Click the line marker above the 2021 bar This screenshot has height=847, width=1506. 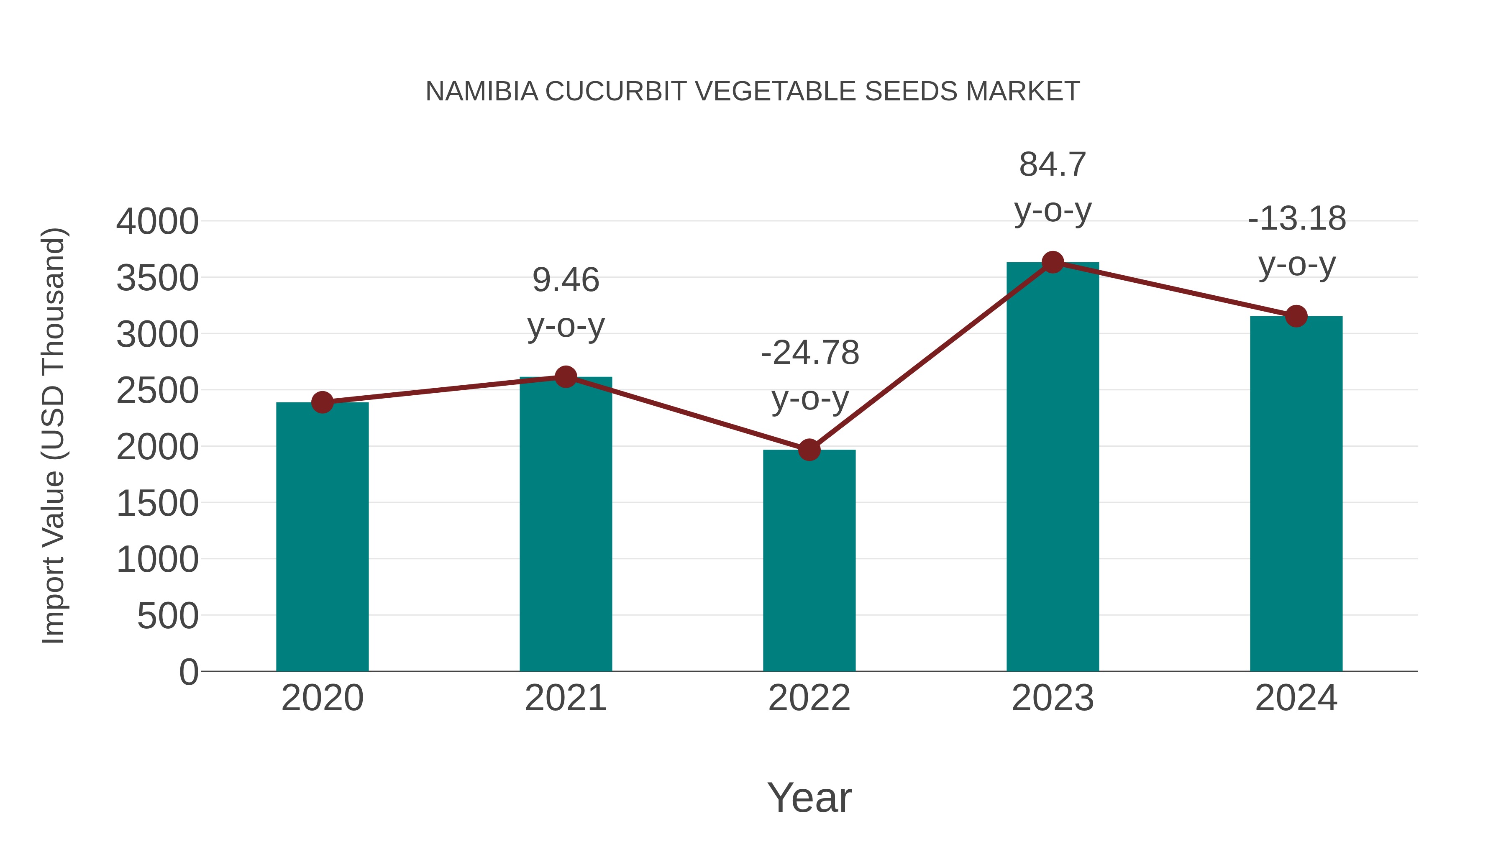pyautogui.click(x=565, y=377)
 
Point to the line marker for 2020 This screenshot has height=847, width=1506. pyautogui.click(x=322, y=402)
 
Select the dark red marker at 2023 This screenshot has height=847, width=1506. pyautogui.click(x=1053, y=262)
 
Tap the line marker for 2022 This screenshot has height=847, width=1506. pyautogui.click(x=809, y=450)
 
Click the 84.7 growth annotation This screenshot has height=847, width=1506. pyautogui.click(x=1053, y=165)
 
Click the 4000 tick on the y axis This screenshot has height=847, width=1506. pyautogui.click(x=157, y=222)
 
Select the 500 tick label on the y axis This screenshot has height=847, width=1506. pyautogui.click(x=168, y=616)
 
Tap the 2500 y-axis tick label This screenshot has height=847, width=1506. pyautogui.click(x=157, y=391)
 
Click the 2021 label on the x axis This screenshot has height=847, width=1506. pyautogui.click(x=565, y=698)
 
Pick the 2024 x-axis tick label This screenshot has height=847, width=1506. pyautogui.click(x=1296, y=698)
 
